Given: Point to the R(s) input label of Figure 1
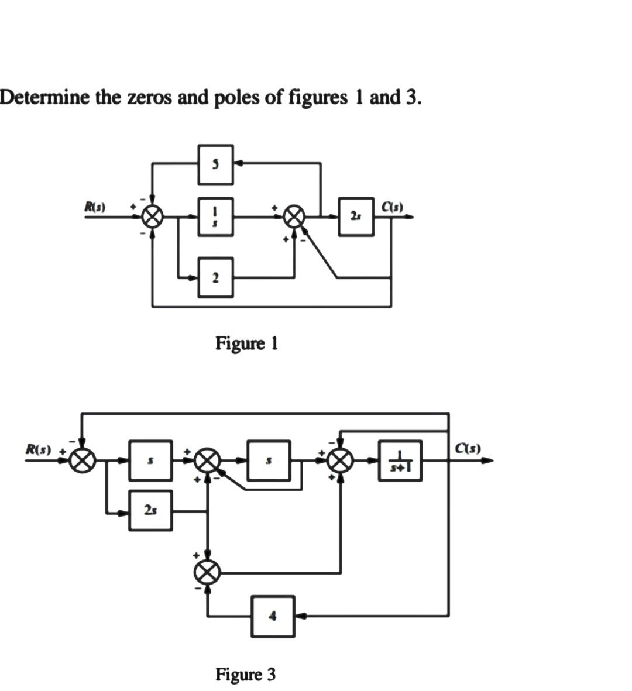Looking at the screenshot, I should pyautogui.click(x=95, y=207).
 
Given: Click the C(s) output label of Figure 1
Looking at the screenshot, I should pyautogui.click(x=391, y=207).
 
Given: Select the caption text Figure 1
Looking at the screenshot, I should pyautogui.click(x=246, y=343).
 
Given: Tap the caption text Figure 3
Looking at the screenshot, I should pyautogui.click(x=246, y=675).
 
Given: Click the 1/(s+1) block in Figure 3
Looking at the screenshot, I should pyautogui.click(x=401, y=460).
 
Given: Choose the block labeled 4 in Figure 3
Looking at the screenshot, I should pyautogui.click(x=272, y=616).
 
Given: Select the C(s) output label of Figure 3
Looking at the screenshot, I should pyautogui.click(x=468, y=449).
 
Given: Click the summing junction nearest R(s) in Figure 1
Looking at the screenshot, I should pyautogui.click(x=152, y=217).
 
